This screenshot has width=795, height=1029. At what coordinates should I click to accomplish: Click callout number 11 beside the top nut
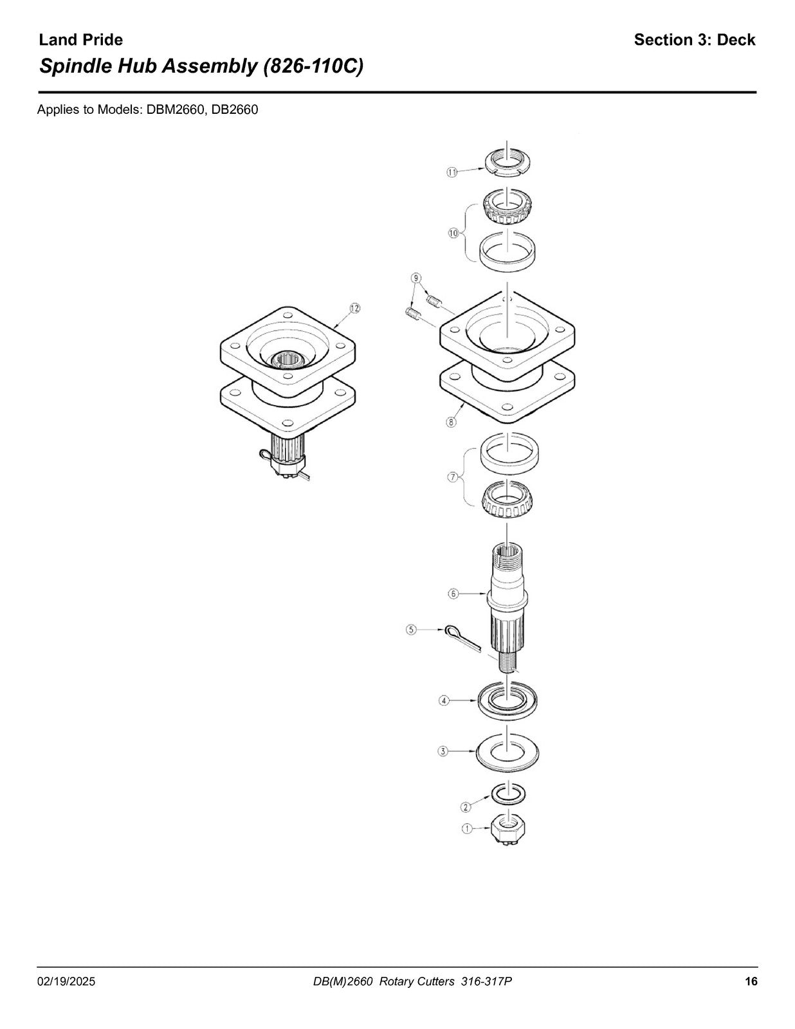point(452,172)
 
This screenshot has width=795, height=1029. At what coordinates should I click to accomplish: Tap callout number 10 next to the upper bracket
point(453,233)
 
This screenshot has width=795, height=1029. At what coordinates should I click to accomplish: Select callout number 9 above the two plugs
point(416,277)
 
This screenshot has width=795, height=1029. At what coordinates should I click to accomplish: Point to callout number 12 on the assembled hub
point(354,308)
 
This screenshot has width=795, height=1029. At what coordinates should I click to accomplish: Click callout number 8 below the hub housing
point(452,421)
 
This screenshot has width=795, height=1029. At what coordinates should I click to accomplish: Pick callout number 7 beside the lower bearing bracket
point(453,477)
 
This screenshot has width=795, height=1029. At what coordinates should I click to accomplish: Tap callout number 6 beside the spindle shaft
point(453,594)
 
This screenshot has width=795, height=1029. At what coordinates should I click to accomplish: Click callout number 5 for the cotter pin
point(411,630)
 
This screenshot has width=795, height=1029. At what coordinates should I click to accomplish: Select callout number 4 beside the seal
point(444,700)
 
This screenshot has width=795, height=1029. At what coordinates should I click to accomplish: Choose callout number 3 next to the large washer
point(443,751)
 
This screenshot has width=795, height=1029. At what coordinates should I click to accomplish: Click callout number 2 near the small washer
point(466,806)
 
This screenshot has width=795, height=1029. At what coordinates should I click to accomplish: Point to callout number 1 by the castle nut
point(466,829)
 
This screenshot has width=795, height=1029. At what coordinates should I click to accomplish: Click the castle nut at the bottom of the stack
point(509,830)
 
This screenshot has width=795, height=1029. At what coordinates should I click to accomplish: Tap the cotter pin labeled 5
point(462,639)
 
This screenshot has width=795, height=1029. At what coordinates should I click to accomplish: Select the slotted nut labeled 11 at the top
point(508,163)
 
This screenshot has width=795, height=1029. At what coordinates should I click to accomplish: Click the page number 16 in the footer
point(751,968)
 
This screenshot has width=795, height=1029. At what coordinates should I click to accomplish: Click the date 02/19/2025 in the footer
point(66,969)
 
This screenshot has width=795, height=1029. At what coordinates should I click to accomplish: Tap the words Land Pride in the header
point(80,40)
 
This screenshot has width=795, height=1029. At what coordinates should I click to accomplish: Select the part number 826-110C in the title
point(313,66)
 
